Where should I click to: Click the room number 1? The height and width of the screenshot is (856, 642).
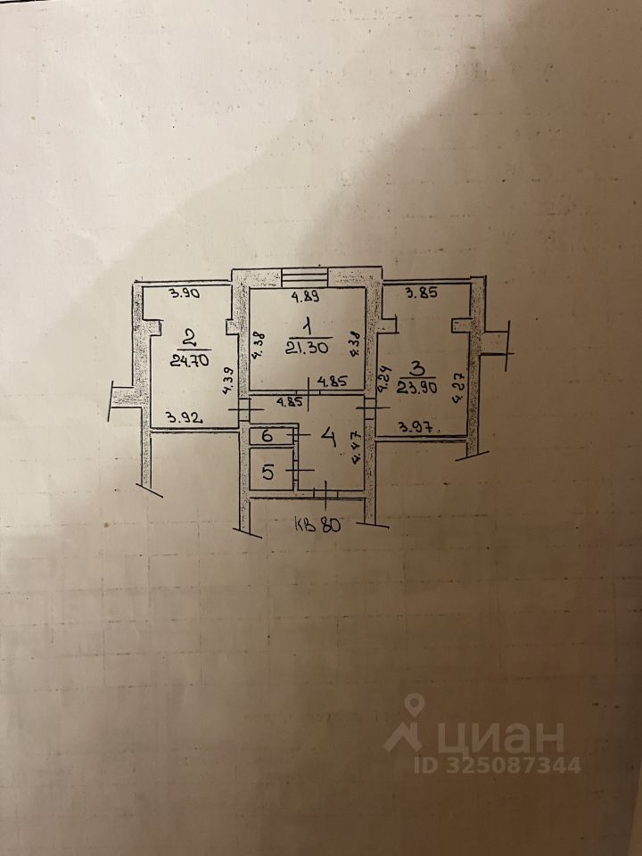tap(307, 326)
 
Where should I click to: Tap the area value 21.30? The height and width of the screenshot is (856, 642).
tap(306, 348)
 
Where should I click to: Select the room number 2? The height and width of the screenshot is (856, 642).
tap(188, 338)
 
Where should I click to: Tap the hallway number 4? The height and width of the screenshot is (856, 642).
tap(328, 438)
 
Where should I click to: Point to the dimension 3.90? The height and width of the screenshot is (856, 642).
tap(183, 293)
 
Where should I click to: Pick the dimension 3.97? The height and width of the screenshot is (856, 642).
tap(416, 426)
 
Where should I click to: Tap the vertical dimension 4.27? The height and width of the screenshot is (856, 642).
tap(459, 388)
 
